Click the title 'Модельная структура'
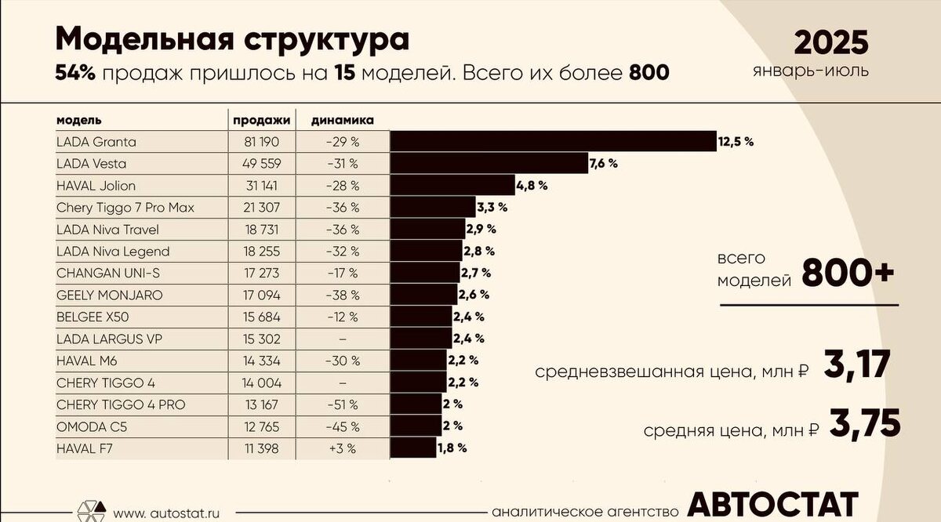click(x=231, y=38)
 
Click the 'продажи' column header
click(x=261, y=121)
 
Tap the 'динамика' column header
click(x=343, y=121)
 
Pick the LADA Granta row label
click(x=96, y=142)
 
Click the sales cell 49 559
click(x=261, y=164)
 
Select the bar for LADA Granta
click(x=553, y=142)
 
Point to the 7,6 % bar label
click(x=603, y=164)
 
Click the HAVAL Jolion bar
click(x=452, y=186)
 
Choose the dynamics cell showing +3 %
click(x=343, y=448)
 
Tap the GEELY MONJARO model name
click(x=110, y=295)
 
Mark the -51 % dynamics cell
click(x=343, y=404)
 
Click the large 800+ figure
click(x=848, y=274)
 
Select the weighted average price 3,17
click(x=857, y=367)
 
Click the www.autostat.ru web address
click(x=166, y=514)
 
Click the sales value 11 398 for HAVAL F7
click(x=261, y=448)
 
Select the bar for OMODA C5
click(x=416, y=426)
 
